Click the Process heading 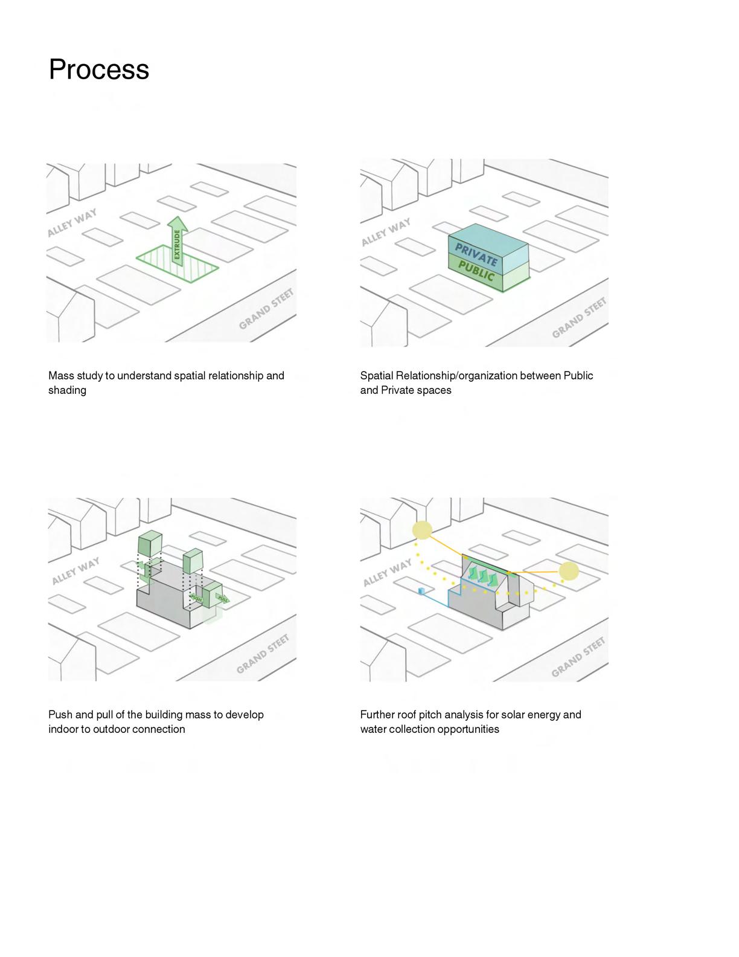coord(98,69)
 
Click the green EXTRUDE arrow coord(177,241)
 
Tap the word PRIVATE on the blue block coord(476,254)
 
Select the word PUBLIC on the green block coord(476,271)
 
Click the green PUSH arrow coord(196,598)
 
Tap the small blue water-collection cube coord(421,590)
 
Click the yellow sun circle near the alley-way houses coord(422,530)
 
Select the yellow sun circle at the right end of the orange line coord(569,571)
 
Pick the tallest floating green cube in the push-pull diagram coord(150,543)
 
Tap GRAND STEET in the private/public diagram coord(578,318)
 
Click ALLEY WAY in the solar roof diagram coord(387,572)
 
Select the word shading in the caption coord(67,390)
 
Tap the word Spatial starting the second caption coord(377,376)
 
